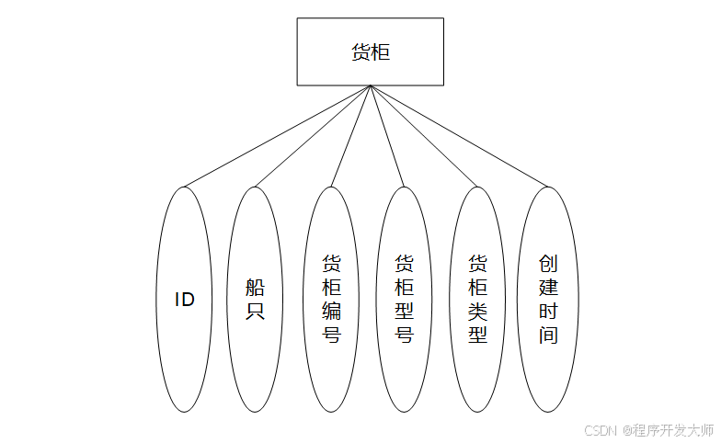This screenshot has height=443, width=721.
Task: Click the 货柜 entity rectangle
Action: [370, 51]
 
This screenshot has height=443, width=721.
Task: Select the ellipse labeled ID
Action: [185, 300]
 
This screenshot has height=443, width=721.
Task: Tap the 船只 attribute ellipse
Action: [255, 300]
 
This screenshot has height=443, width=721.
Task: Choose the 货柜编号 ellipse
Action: [331, 300]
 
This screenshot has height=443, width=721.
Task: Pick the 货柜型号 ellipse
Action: [404, 300]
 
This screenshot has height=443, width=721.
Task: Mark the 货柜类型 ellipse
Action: [477, 300]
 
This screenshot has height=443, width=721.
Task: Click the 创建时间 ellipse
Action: [549, 300]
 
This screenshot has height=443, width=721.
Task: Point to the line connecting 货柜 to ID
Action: [277, 136]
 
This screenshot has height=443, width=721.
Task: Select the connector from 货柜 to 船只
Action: [312, 136]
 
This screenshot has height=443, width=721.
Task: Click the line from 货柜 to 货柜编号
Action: [350, 136]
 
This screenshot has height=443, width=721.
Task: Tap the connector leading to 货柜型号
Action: [386, 136]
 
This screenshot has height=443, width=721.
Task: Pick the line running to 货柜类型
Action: [423, 136]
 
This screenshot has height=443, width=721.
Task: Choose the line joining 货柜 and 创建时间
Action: [459, 136]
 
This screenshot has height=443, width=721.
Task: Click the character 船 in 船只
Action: [255, 287]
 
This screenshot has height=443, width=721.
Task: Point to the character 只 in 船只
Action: [255, 312]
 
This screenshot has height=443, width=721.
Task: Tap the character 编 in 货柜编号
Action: [331, 311]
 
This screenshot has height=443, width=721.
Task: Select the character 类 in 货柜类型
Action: [477, 311]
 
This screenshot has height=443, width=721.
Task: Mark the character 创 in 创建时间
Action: [549, 264]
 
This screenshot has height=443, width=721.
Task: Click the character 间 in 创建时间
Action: [549, 335]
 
